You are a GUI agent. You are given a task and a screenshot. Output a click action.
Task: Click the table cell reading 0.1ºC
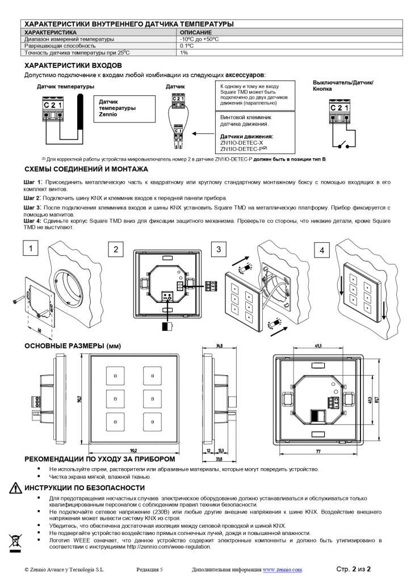pos(187,46)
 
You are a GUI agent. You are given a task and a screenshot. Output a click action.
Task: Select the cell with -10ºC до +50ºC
pos(199,39)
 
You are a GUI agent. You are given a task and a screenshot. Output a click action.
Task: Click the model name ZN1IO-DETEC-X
pos(242,142)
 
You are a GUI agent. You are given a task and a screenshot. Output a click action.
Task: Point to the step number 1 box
pos(31,248)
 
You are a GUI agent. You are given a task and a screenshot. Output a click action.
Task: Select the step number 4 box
pos(322,250)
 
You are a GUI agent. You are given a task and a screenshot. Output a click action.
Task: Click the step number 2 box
pos(115,249)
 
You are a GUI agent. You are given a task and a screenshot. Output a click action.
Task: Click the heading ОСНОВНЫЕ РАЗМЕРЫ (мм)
pos(73,346)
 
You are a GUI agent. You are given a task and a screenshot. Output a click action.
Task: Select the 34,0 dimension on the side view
pos(220,344)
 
